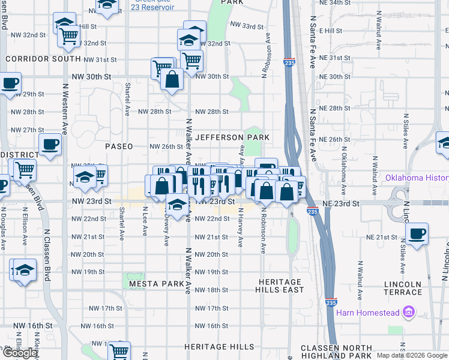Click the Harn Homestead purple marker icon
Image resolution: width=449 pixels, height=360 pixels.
click(410, 312)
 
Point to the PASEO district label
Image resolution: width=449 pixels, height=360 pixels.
click(118, 146)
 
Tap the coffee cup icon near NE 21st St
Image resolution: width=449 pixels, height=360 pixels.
click(417, 233)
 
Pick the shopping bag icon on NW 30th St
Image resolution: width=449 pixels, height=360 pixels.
click(172, 79)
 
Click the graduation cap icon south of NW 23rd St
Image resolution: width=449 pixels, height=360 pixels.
click(176, 205)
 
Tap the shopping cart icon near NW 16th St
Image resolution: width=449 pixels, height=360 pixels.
click(119, 351)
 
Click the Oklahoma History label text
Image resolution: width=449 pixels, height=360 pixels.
click(416, 178)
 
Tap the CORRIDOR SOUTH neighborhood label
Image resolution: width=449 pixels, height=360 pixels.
click(42, 59)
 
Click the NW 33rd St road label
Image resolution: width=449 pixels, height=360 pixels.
click(247, 26)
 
